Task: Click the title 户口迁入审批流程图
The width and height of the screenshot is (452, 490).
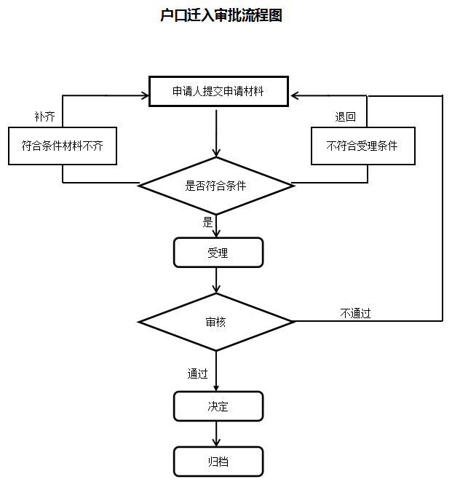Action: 221,15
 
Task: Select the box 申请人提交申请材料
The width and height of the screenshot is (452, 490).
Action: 217,92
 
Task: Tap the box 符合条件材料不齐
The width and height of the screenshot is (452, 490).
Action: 63,146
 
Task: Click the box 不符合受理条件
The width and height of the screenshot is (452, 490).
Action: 362,146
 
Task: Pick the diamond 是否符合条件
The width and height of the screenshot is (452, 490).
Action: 216,186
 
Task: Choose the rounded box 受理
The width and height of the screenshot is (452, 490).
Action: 218,253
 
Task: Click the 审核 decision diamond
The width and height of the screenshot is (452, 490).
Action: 216,321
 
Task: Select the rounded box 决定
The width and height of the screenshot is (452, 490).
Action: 218,406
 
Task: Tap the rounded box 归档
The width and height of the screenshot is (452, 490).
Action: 218,462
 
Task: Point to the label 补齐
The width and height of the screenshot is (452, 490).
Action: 44,116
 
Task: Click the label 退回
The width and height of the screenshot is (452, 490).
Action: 345,116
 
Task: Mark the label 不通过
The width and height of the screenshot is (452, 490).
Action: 356,313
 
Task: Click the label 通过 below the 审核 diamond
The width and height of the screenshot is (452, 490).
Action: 197,374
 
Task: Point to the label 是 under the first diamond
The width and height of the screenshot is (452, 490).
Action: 207,223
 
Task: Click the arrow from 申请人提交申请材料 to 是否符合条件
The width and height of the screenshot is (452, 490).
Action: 217,131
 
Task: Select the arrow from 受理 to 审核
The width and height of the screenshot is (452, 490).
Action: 217,280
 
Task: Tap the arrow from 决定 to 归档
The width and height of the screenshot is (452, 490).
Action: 217,434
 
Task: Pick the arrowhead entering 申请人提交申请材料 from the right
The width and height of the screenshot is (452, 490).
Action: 294,95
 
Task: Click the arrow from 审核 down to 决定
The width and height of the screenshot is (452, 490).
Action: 217,371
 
